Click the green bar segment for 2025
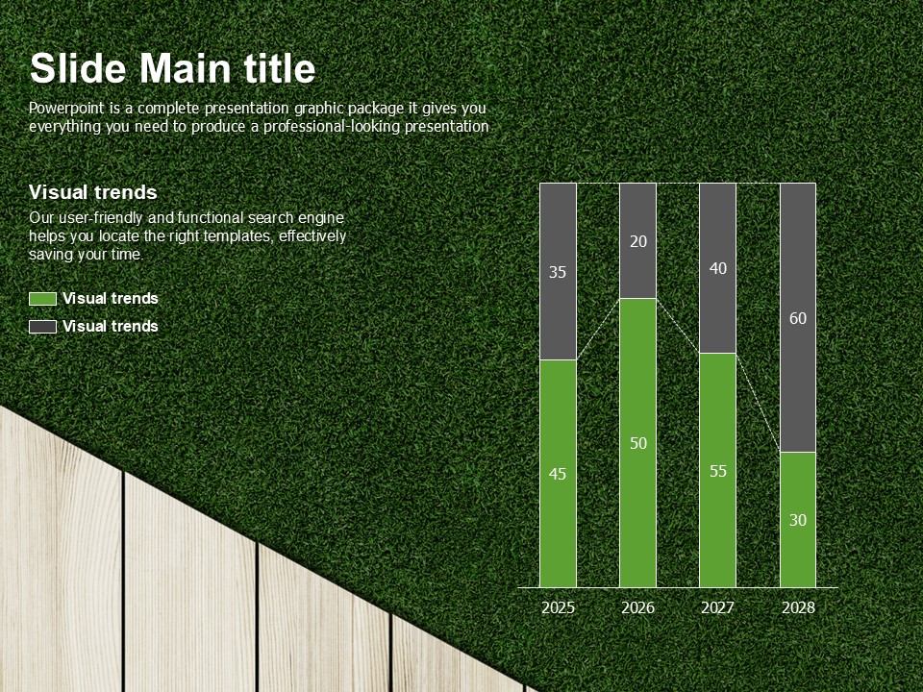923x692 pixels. tap(558, 474)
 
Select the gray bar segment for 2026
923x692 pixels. tap(637, 240)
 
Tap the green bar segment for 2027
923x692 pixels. tap(717, 470)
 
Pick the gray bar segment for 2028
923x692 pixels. tap(798, 318)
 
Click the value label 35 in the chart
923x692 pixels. tap(558, 272)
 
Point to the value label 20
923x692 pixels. tap(638, 241)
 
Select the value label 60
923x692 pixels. tap(798, 318)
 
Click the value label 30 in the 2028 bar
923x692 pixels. tap(798, 520)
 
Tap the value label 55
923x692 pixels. tap(718, 471)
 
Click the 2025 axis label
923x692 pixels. tap(558, 607)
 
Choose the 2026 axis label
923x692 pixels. tap(637, 607)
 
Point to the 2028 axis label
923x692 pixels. tap(798, 607)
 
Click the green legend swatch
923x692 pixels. tap(43, 299)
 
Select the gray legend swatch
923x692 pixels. tap(43, 327)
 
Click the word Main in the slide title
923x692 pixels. tap(185, 68)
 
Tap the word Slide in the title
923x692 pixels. tap(78, 68)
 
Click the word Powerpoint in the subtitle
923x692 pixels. tap(67, 109)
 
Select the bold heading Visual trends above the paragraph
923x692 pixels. tap(93, 192)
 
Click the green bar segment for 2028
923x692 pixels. tap(798, 520)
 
